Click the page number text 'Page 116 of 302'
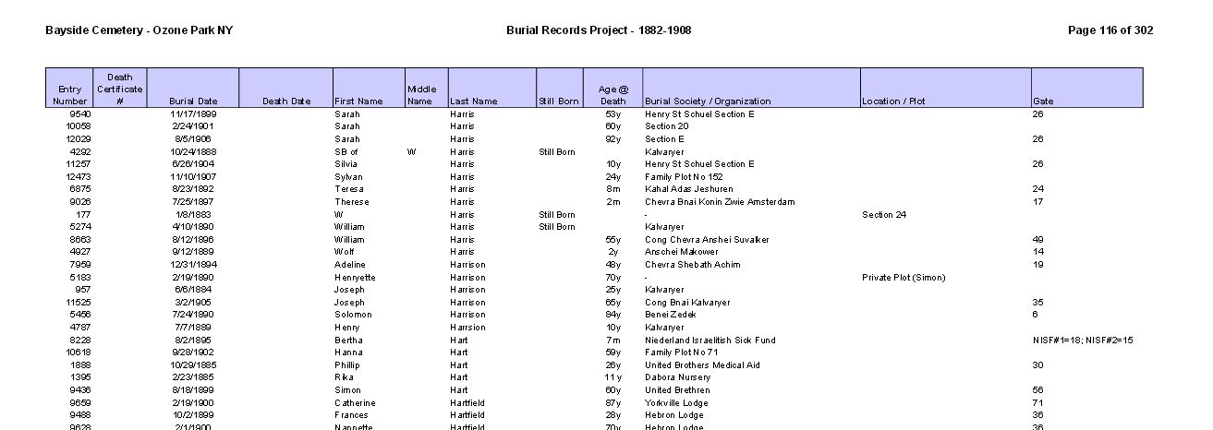[x=1110, y=30]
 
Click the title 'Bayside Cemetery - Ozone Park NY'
[x=139, y=30]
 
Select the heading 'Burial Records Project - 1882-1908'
[x=599, y=30]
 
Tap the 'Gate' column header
[x=1043, y=102]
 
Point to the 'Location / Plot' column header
[x=893, y=102]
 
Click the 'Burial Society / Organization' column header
[x=708, y=102]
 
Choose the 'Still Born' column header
[x=559, y=102]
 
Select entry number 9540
[x=79, y=114]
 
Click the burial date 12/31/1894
[x=192, y=265]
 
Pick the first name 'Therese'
[x=351, y=202]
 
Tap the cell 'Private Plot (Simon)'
[x=903, y=278]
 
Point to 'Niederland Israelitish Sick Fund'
[x=710, y=340]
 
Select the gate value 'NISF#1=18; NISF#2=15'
[x=1083, y=340]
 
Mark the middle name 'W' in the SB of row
[x=410, y=152]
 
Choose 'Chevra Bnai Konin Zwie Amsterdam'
[x=719, y=202]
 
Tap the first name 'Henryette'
[x=355, y=278]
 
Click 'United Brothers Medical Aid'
[x=702, y=365]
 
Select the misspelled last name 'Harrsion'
[x=467, y=328]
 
